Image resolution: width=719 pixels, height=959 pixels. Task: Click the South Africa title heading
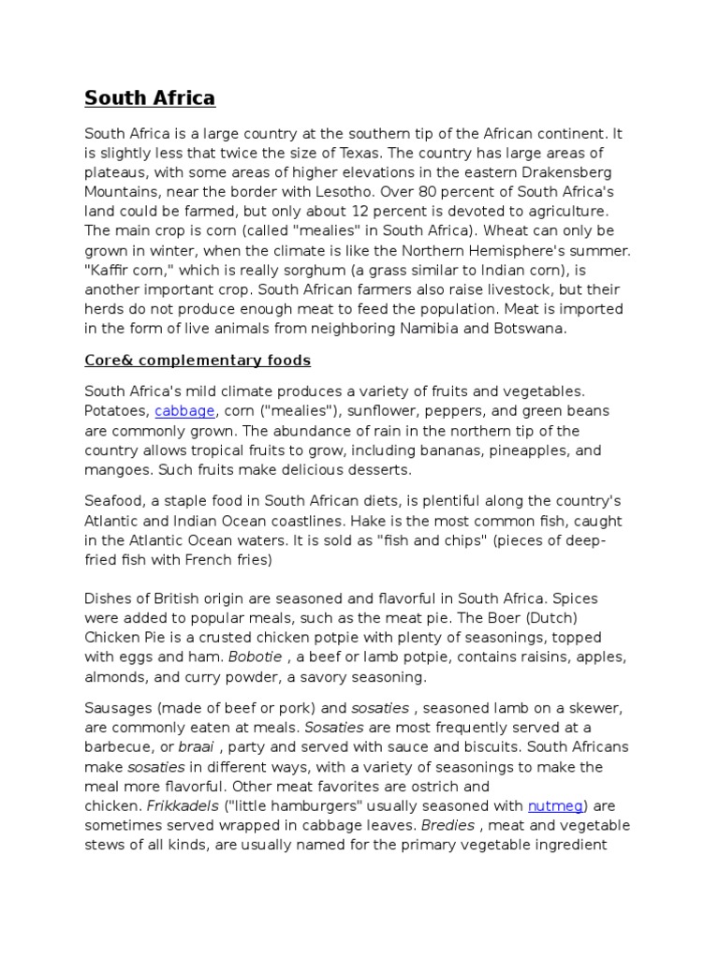(150, 97)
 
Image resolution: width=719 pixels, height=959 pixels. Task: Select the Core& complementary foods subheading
(198, 360)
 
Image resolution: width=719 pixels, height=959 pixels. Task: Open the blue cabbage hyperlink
(184, 410)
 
